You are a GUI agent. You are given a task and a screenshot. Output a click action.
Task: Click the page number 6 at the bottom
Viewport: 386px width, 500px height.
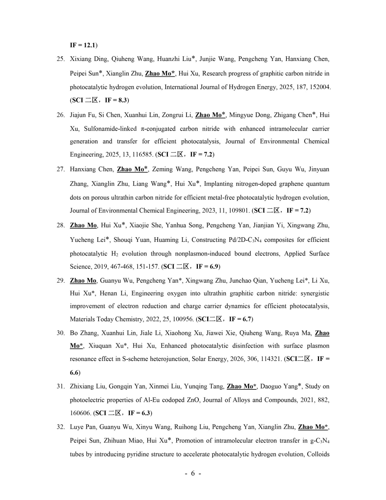tap(193, 473)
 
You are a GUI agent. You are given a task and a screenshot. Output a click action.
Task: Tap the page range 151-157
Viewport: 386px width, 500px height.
tap(148, 267)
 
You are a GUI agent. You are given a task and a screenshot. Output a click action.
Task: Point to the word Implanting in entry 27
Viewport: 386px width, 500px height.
tap(218, 184)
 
